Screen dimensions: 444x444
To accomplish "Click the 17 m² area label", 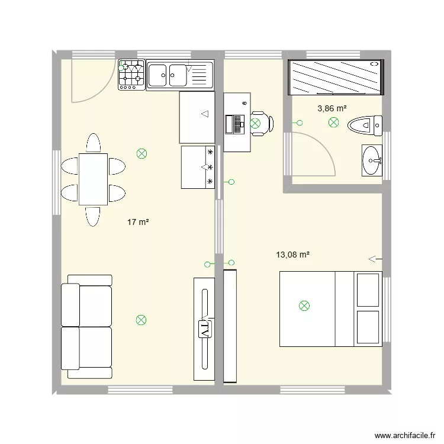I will tap(138, 223).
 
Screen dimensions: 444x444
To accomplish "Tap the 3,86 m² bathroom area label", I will tap(332, 108).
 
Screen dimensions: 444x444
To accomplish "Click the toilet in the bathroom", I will tap(364, 124).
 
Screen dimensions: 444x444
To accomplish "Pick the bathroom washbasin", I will tap(372, 160).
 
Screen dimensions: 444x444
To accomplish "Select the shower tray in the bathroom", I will tap(335, 77).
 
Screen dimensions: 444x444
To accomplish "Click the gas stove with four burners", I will tap(131, 75).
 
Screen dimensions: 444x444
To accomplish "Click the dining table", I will tap(93, 178).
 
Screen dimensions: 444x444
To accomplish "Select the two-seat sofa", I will tap(87, 327).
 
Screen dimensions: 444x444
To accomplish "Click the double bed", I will tap(330, 308).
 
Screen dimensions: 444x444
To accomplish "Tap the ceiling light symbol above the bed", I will tap(304, 305).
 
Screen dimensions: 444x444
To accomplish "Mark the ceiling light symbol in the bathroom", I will tap(334, 123).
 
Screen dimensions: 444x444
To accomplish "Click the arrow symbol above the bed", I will tap(374, 259).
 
